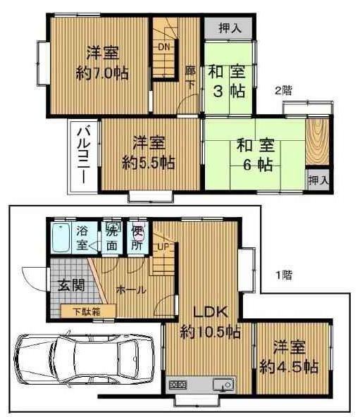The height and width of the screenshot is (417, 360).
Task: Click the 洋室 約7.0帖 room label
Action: tap(102, 62)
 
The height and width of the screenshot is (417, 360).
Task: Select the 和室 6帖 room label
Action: tap(254, 155)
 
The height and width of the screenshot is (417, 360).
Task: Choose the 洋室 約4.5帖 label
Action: tap(289, 356)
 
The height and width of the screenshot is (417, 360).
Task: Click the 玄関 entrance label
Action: tap(68, 286)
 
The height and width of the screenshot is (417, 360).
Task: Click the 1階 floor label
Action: tap(283, 275)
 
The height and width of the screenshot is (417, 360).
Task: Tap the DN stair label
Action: tap(164, 47)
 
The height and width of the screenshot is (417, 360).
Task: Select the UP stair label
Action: tap(162, 247)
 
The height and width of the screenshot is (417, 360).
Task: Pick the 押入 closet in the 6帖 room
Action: tap(318, 180)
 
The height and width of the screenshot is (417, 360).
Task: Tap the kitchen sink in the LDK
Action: tap(223, 385)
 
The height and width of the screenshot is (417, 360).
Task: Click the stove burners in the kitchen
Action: tap(178, 385)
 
